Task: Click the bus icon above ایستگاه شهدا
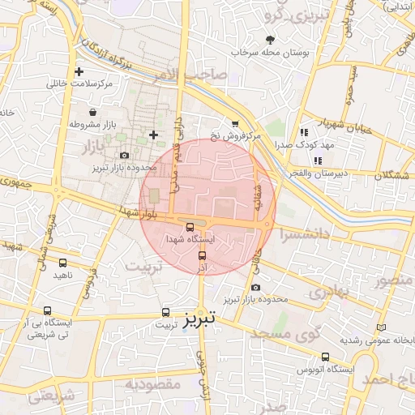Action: click(190, 228)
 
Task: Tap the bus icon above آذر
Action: click(202, 255)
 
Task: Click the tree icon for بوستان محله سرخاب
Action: click(270, 39)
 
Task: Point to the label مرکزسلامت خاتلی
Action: click(79, 83)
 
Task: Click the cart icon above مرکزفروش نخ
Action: click(235, 124)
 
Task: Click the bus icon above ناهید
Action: click(63, 263)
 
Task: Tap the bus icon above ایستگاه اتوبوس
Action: click(326, 357)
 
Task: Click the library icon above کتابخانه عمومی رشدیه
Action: click(381, 327)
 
